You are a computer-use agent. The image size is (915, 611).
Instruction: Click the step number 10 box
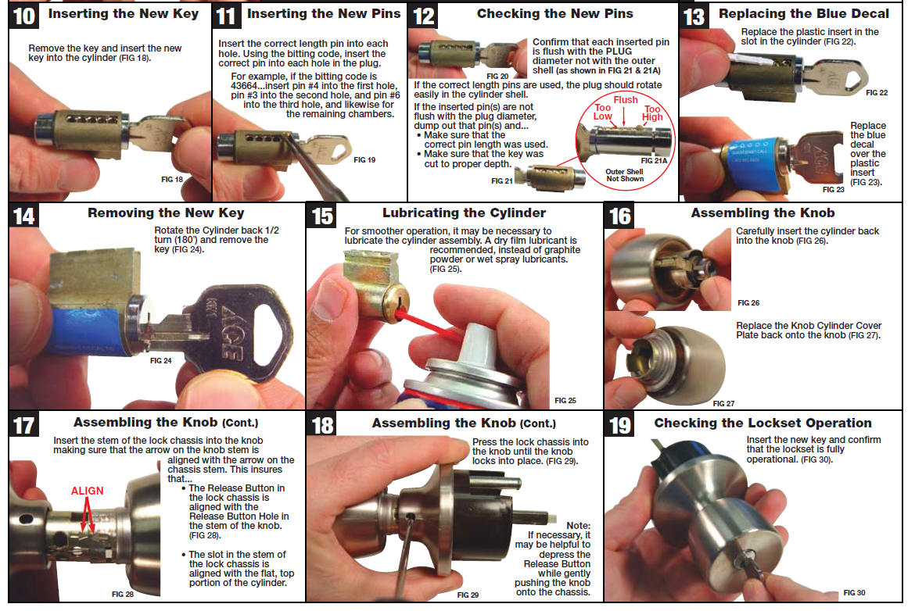24,16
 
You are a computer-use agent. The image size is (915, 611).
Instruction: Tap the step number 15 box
322,216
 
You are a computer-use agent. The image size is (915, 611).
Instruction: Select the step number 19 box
619,425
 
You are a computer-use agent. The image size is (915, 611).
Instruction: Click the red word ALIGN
88,491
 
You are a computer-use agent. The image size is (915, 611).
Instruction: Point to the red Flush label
626,100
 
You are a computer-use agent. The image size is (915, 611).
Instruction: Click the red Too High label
652,113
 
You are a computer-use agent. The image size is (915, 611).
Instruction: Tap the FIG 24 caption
161,361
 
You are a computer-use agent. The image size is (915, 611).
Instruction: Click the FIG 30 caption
854,592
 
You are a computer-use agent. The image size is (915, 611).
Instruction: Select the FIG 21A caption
654,160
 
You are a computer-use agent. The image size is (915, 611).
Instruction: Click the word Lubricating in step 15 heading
415,213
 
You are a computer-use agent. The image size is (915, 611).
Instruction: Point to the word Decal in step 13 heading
870,13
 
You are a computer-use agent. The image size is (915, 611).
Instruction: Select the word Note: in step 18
578,525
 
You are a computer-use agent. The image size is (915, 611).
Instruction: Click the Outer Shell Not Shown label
624,175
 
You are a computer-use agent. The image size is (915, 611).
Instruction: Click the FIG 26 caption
748,302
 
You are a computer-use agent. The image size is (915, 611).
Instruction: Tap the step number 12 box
424,16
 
